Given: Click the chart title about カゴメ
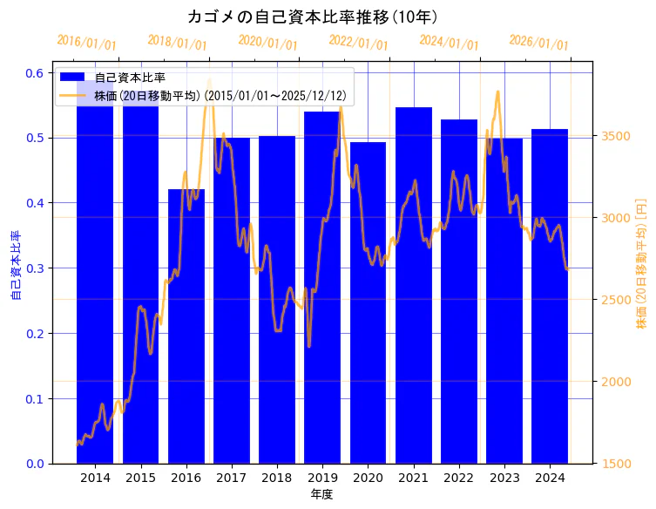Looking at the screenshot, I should [x=313, y=17].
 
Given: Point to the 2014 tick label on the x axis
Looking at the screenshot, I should [x=95, y=478].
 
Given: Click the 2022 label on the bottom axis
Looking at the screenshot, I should [x=459, y=478].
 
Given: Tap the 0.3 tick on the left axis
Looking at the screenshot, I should [x=35, y=268].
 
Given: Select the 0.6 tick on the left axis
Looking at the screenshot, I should [x=35, y=72].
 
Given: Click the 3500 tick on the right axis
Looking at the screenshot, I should [x=616, y=136].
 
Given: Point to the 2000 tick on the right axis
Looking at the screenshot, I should [x=616, y=382].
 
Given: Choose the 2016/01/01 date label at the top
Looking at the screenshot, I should [x=86, y=43].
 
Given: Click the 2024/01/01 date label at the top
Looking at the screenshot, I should [x=449, y=43].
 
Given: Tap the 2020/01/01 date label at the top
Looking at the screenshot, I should [x=267, y=43].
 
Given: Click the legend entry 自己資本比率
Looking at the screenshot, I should [x=130, y=78].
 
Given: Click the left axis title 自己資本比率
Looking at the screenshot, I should [x=15, y=266].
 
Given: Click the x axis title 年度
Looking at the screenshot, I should [x=321, y=494].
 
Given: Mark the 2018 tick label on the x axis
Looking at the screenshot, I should [x=277, y=478].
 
